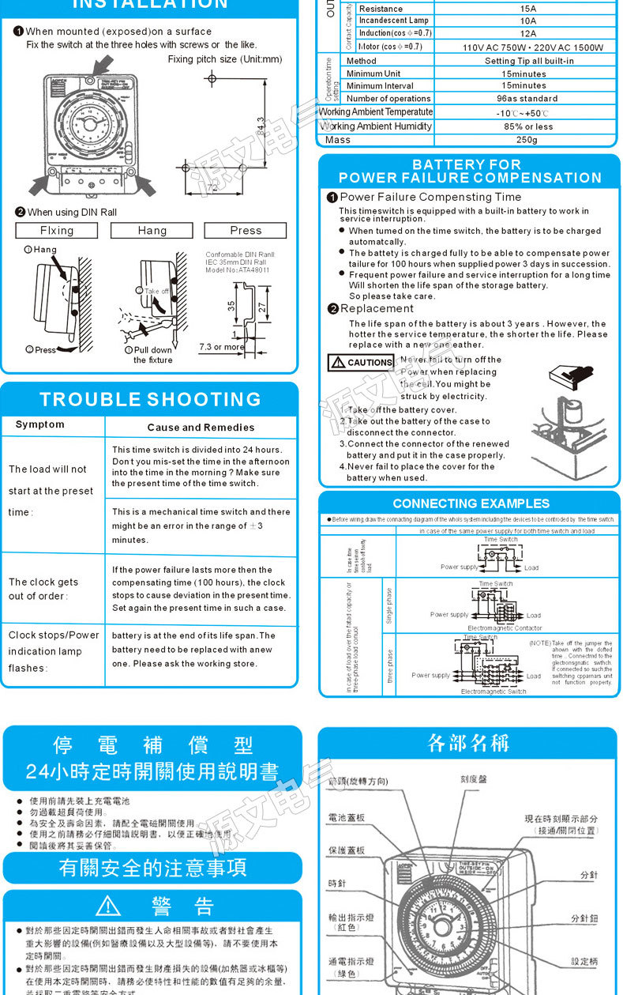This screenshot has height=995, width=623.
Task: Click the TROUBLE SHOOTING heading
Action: (150, 399)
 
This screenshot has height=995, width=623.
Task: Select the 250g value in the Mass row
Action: (526, 140)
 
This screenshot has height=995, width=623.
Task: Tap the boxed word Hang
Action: (152, 230)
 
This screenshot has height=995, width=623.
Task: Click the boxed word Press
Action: (246, 230)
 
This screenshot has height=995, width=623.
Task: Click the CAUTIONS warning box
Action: (361, 363)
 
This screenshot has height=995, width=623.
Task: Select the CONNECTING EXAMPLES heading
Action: (471, 503)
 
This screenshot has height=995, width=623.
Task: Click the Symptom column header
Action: (40, 425)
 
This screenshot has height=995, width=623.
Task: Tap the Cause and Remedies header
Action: (201, 428)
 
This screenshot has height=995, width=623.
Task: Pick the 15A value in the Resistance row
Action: (527, 9)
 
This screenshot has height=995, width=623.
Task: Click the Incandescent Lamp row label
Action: (393, 21)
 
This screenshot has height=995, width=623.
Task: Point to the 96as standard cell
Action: (527, 99)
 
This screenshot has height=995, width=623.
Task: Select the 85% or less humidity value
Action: (527, 126)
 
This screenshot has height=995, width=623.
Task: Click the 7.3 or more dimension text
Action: (222, 347)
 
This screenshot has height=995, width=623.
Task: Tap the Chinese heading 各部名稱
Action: (468, 744)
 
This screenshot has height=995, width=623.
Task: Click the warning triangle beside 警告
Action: (107, 906)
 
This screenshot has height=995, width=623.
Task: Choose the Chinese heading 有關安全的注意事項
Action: (153, 869)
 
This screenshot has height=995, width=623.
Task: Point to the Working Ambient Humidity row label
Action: (376, 126)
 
